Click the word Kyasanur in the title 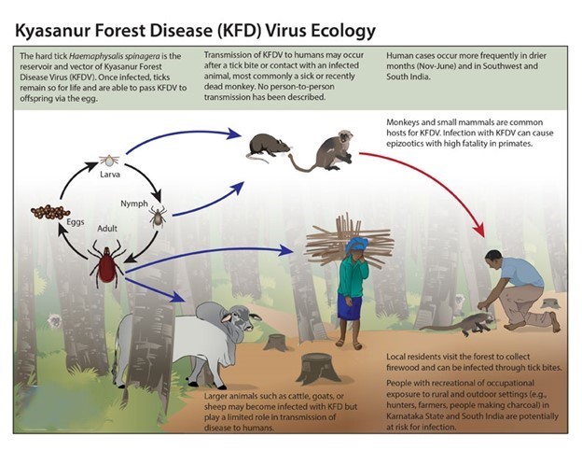tap(51, 31)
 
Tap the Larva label tap(110, 175)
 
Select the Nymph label tap(134, 204)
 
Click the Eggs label tap(76, 222)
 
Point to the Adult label tap(107, 229)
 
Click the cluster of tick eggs tap(50, 212)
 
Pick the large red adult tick tap(107, 263)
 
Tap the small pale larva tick tap(109, 161)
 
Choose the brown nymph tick tap(158, 217)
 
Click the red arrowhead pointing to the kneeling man tap(480, 230)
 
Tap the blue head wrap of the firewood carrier tap(357, 244)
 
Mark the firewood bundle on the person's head tap(350, 239)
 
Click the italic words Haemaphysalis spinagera tap(115, 56)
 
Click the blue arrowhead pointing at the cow tap(178, 297)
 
